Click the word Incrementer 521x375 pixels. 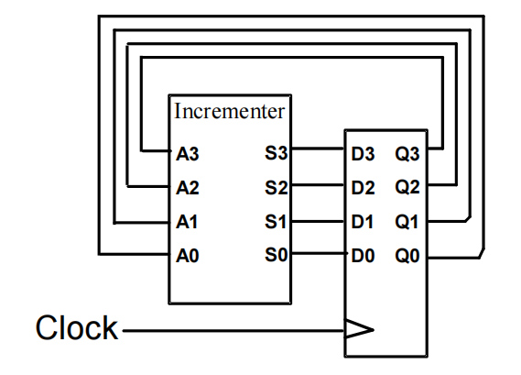point(230,111)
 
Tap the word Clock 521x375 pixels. point(77,327)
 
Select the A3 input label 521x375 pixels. point(188,154)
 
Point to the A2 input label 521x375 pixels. point(188,188)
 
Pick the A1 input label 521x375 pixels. point(187,222)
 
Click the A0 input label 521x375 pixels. point(188,256)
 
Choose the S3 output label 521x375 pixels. point(276,153)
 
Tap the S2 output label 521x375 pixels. point(276,187)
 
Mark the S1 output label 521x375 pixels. point(275,221)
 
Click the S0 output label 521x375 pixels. point(276,255)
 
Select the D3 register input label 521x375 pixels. point(363,154)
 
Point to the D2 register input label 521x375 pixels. point(363,188)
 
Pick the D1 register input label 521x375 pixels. point(363,222)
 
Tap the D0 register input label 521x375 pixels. point(363,256)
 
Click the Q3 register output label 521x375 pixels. point(407,154)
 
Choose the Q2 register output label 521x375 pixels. point(407,187)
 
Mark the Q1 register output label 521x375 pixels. point(407,222)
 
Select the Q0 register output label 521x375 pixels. point(407,256)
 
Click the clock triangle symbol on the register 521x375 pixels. point(360,329)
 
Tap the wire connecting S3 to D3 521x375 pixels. point(318,148)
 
